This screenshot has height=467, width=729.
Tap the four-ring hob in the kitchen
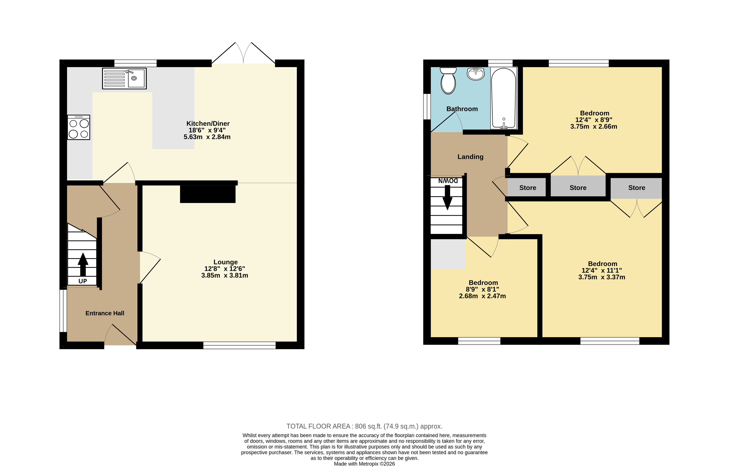(79, 127)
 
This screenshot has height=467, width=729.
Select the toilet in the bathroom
(448, 81)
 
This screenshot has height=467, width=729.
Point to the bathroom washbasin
(476, 74)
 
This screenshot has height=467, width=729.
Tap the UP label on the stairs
(83, 281)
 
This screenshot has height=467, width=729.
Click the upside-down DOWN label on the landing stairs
(448, 181)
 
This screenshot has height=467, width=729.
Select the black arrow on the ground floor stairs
(83, 264)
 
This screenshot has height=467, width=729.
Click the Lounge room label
(225, 262)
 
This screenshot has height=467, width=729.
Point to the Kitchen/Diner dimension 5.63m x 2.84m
(207, 137)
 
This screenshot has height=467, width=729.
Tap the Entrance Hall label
(105, 313)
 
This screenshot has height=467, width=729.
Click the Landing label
(470, 157)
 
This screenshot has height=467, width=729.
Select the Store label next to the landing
(528, 188)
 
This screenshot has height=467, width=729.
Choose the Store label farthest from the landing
(636, 188)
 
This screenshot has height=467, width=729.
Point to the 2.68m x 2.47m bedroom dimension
(482, 296)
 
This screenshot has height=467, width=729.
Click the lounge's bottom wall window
(239, 345)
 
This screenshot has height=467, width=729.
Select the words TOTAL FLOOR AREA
(318, 426)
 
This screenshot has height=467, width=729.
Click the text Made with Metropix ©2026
(364, 464)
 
